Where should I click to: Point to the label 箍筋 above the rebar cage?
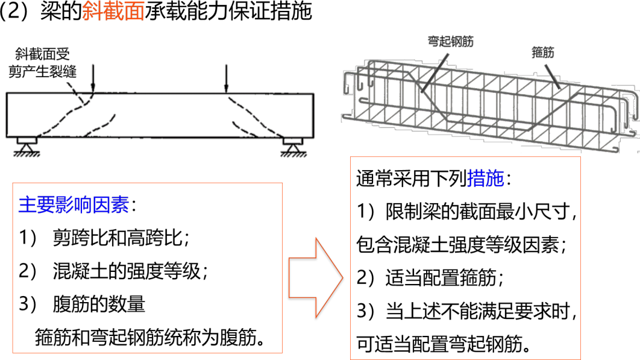click(543, 52)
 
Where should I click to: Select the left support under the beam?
click(27, 146)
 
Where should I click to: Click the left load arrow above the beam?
click(92, 78)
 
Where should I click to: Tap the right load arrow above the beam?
click(225, 78)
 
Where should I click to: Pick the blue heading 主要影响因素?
click(74, 206)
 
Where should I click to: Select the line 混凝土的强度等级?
click(130, 272)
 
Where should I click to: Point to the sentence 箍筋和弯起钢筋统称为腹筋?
click(150, 336)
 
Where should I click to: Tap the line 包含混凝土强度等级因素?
click(462, 245)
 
